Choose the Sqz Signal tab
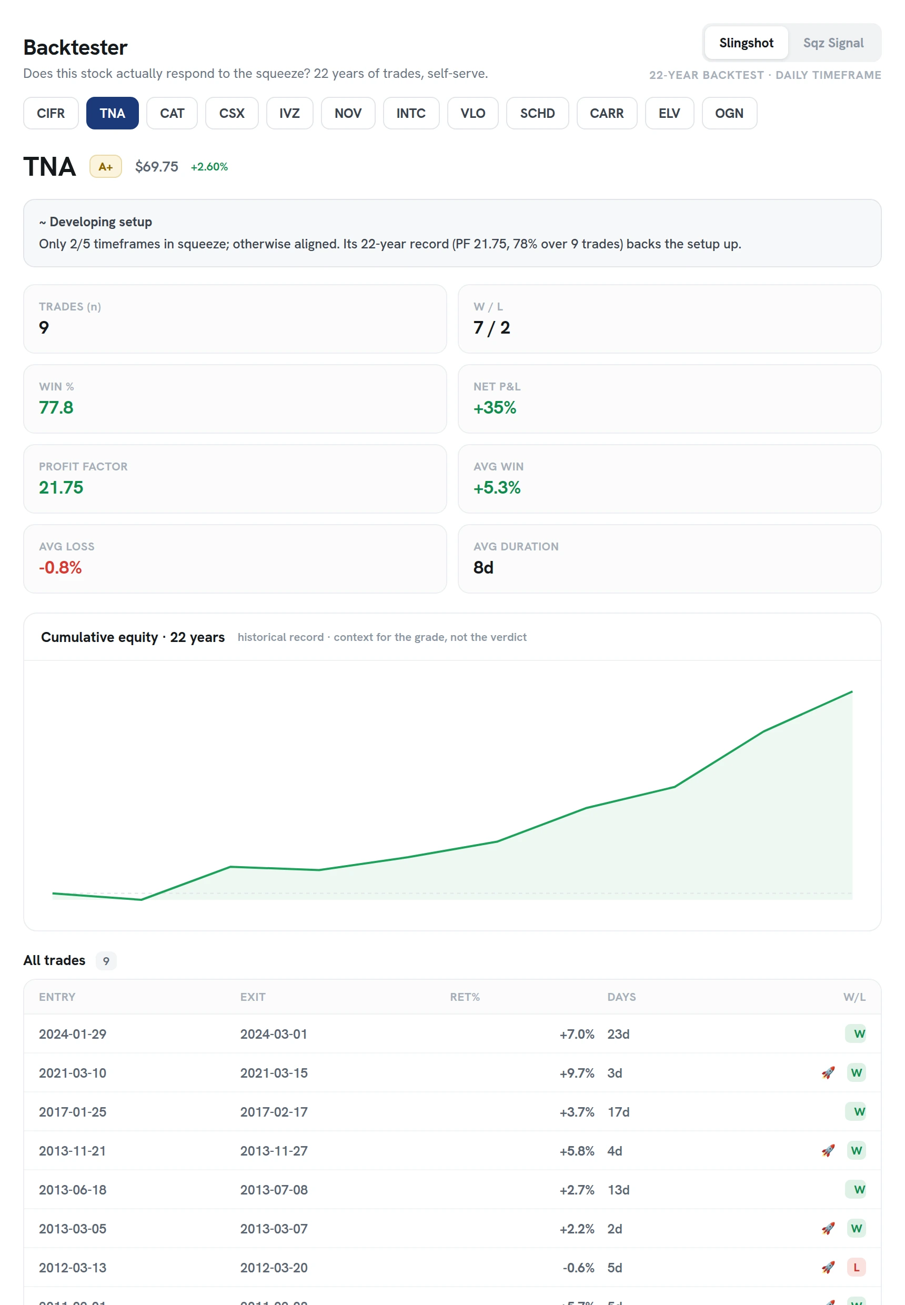(x=833, y=43)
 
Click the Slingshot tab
(x=746, y=43)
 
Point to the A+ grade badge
(x=105, y=167)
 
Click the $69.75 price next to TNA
(x=156, y=167)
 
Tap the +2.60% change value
(x=209, y=167)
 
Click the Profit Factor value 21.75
(x=61, y=487)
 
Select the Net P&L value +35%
(x=495, y=407)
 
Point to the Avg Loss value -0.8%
(x=60, y=567)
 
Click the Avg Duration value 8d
(x=483, y=567)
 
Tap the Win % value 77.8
(x=56, y=407)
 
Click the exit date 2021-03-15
(x=274, y=1073)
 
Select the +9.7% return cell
(x=577, y=1073)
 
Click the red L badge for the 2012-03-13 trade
(x=856, y=1267)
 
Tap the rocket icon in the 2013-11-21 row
(x=828, y=1151)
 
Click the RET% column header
(x=465, y=997)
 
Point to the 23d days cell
(x=618, y=1034)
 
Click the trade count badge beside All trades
(x=106, y=961)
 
